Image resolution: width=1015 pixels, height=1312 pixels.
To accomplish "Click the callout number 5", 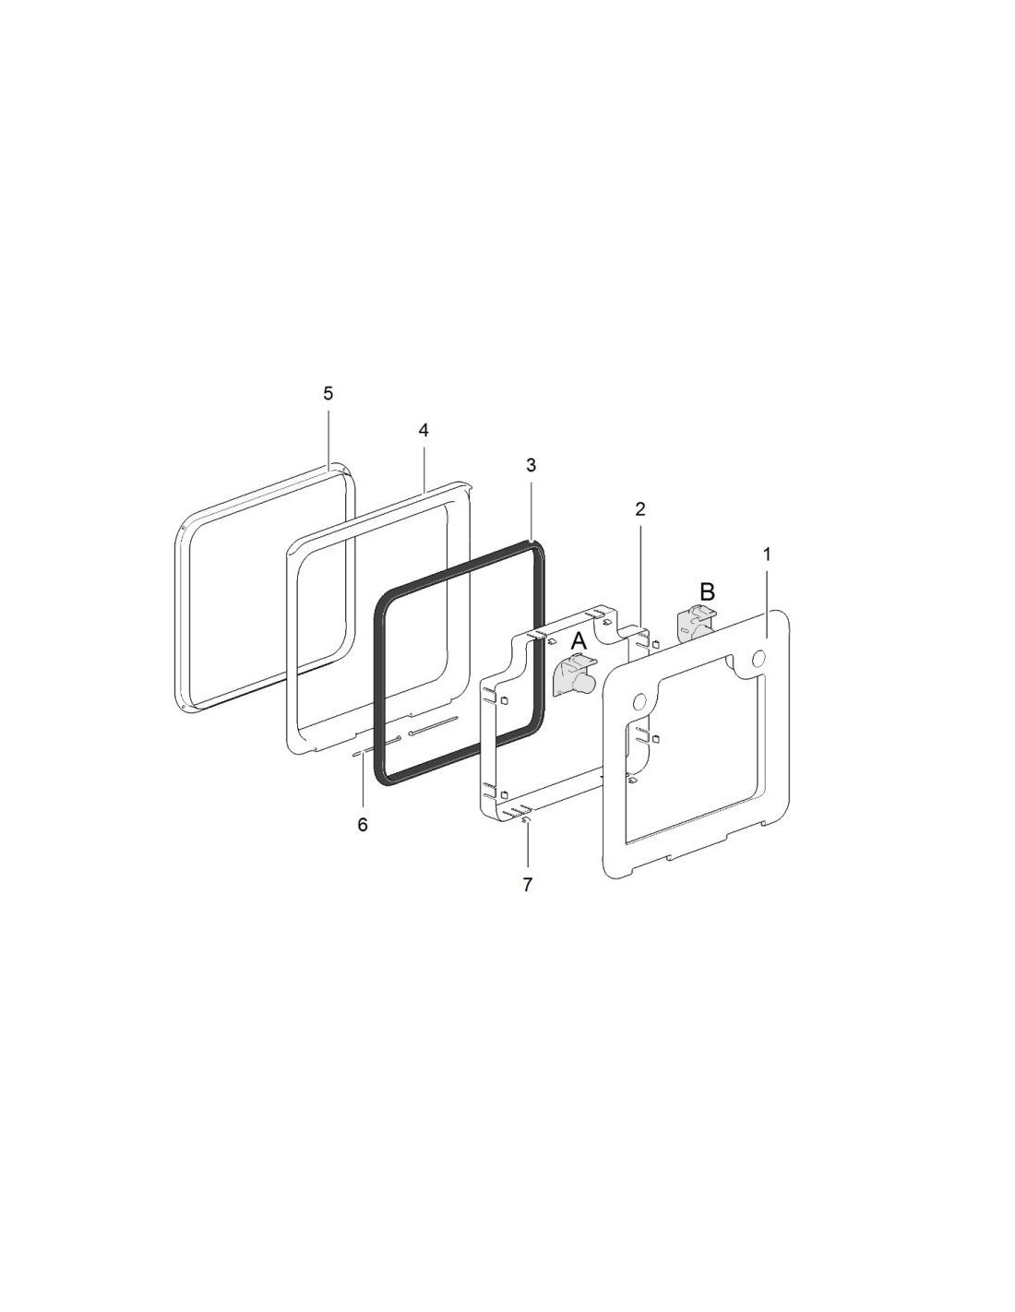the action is click(x=328, y=394).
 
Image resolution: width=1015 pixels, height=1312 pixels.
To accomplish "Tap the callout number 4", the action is click(x=424, y=431).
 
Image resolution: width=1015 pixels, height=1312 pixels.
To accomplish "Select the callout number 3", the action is click(x=531, y=465).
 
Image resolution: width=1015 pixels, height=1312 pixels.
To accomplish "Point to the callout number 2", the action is click(x=640, y=509).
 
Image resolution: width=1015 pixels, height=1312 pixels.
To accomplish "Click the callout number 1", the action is click(x=768, y=555).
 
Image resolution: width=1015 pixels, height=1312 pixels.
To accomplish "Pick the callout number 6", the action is click(x=363, y=825).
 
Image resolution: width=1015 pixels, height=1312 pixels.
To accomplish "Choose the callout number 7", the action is click(x=528, y=885).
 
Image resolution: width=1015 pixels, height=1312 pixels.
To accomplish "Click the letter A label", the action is click(x=579, y=641).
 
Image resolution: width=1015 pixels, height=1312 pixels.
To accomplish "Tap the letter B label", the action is click(x=707, y=591).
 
